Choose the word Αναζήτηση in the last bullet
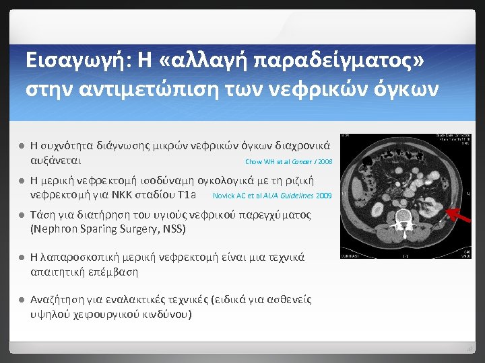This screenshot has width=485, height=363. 59,300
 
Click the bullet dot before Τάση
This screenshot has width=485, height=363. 21,216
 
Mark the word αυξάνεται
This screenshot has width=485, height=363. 57,161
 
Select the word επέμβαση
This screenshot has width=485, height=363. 114,272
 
